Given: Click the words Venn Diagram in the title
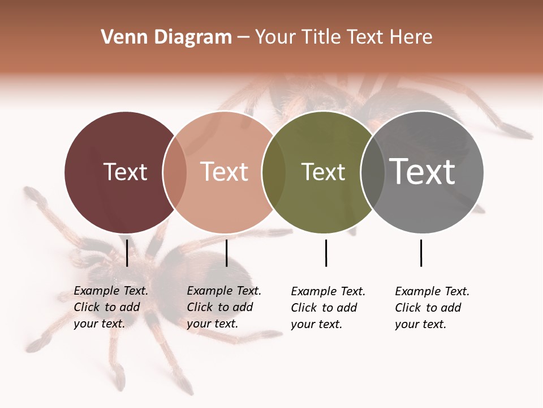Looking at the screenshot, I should tap(166, 37).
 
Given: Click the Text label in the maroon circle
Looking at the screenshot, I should tap(125, 172).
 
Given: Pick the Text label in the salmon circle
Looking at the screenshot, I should tap(224, 172).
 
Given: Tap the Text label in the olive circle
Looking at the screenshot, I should tap(323, 172).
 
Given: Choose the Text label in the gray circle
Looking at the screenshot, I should tap(422, 172).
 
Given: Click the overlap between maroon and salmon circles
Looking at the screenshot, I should tap(175, 172).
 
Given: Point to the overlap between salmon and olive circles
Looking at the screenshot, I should tap(274, 172).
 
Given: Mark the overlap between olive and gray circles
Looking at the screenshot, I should tap(372, 172).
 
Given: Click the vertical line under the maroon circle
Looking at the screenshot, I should tap(127, 253).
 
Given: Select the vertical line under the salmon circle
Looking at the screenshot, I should tap(226, 253).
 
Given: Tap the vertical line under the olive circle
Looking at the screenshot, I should tap(326, 253).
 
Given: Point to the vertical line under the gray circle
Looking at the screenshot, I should tap(421, 253).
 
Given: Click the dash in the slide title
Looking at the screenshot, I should tap(243, 38).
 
